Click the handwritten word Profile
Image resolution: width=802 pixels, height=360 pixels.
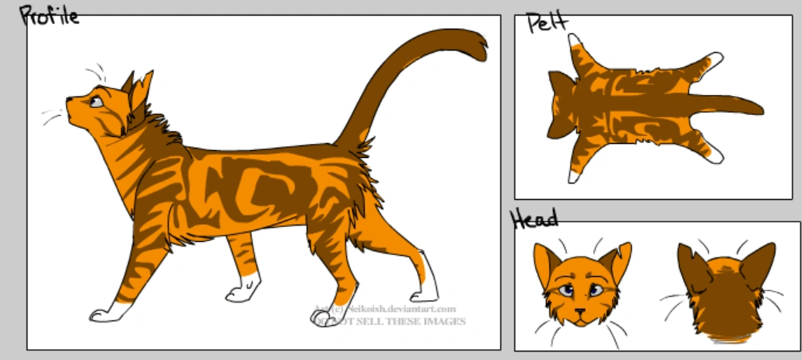(x=49, y=15)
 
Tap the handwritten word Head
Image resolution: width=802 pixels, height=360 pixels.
(x=534, y=220)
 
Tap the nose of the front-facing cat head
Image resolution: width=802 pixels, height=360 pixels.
(x=579, y=312)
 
